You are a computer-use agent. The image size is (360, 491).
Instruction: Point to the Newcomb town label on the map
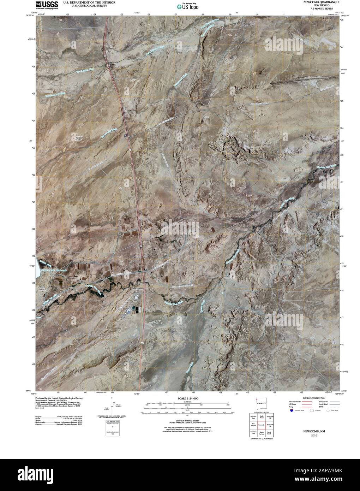click(x=138, y=289)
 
